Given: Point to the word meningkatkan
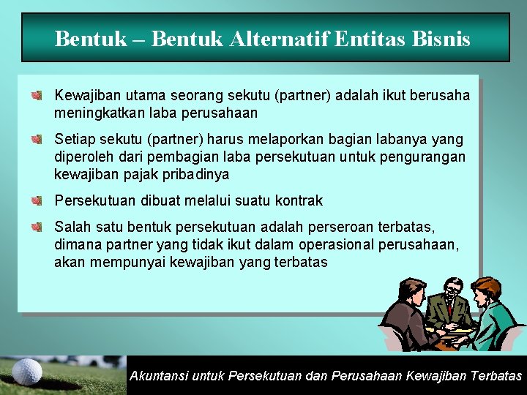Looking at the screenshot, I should coord(100,113).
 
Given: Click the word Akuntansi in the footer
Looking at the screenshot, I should coord(157,376).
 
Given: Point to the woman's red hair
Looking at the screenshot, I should coord(485,286).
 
